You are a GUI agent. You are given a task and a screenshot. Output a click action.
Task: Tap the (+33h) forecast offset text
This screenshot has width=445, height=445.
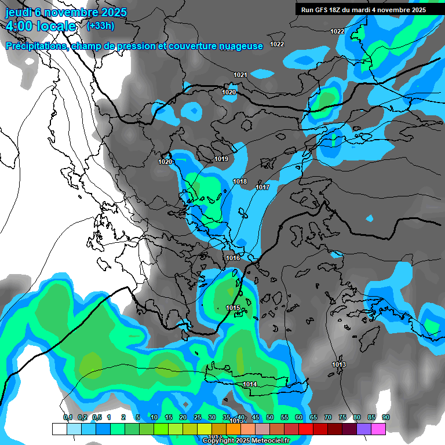pos(100,26)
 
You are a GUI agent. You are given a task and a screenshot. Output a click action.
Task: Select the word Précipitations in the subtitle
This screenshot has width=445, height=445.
pos(37,46)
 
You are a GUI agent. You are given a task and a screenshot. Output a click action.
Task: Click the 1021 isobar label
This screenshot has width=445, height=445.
pos(240,75)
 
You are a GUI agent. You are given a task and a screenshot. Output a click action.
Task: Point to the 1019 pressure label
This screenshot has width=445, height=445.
pos(221,159)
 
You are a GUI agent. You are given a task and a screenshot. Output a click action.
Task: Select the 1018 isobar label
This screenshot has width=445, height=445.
pos(240,182)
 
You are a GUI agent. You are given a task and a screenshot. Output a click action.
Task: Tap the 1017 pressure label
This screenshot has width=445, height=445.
pos(262,187)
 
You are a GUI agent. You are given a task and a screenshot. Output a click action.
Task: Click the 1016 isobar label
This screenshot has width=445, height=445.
pos(233,258)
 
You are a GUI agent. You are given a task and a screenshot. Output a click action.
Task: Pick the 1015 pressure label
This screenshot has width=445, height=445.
pos(233,308)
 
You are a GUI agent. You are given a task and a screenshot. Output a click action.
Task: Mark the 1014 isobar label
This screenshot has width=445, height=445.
pos(250,384)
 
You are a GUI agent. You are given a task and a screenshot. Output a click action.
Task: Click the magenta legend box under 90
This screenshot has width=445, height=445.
pos(378,429)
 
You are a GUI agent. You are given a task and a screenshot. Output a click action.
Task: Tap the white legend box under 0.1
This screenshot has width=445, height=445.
pos(60,429)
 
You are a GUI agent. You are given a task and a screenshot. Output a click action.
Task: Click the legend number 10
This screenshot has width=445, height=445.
pos(154,418)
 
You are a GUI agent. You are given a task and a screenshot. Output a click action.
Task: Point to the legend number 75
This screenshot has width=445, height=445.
pos(342,418)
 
